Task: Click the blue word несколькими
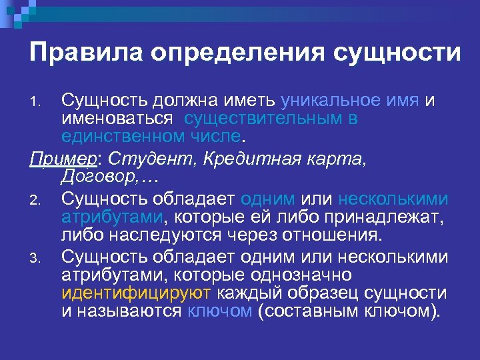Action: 393,199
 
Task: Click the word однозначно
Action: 306,275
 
